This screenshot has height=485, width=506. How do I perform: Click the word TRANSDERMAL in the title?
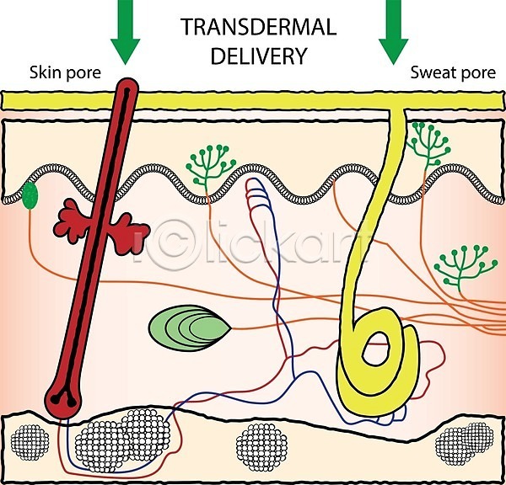point(259,27)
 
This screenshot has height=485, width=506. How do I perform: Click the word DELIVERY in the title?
point(259,56)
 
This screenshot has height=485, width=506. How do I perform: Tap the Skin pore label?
point(65,73)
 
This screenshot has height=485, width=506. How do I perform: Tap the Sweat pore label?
point(453,73)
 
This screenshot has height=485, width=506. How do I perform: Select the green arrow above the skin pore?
point(125,32)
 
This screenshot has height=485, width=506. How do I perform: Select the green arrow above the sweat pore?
point(393,32)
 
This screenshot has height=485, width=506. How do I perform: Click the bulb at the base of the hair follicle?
point(62,400)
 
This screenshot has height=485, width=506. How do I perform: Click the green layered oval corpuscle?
point(190,328)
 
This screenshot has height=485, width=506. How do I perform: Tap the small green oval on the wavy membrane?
point(30,195)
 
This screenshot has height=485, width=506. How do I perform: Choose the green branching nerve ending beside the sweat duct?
point(428,144)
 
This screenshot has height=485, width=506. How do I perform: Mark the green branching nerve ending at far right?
point(465,266)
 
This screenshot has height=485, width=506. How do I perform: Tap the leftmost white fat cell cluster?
point(30,442)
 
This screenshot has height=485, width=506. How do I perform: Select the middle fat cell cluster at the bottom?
point(261,447)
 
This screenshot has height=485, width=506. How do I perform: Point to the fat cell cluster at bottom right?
point(465,444)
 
